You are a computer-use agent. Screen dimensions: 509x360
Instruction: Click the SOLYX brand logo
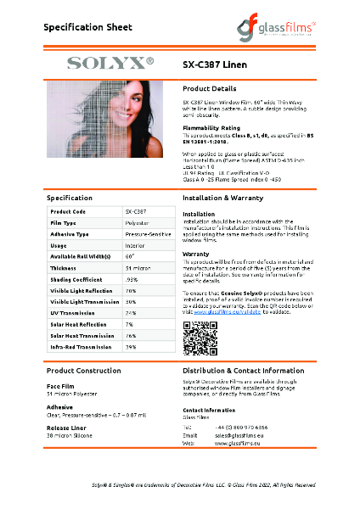[x=110, y=62]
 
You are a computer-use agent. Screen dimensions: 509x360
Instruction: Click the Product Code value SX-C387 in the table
[x=136, y=210]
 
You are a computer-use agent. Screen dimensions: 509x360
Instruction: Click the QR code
[x=197, y=338]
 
